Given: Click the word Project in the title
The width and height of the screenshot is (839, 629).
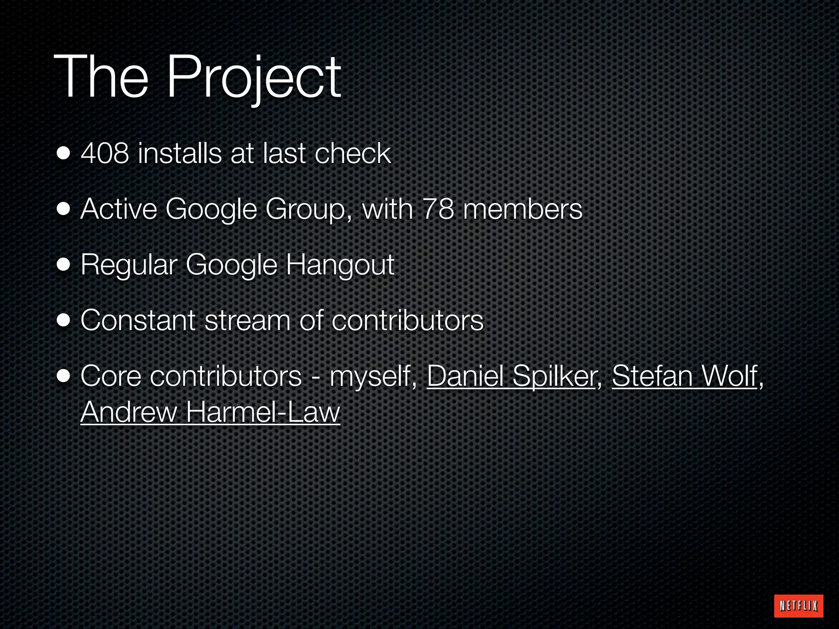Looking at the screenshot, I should click(x=253, y=78).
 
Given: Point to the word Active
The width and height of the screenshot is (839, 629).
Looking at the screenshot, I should click(x=119, y=209).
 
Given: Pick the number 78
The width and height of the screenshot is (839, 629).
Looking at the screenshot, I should click(x=438, y=209).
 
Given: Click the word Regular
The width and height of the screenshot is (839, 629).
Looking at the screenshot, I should click(x=128, y=265).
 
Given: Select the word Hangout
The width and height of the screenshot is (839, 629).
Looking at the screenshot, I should click(x=340, y=265).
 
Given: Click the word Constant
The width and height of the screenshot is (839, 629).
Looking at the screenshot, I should click(x=138, y=320).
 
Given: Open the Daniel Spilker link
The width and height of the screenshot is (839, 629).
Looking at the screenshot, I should click(x=511, y=376).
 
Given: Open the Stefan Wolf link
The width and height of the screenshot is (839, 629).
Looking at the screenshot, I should click(x=684, y=376).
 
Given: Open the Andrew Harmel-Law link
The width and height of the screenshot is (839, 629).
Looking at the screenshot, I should click(x=210, y=412).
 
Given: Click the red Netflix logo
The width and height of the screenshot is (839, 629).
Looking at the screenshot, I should click(x=798, y=606).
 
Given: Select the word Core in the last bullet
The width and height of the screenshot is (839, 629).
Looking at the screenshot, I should click(x=111, y=376).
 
